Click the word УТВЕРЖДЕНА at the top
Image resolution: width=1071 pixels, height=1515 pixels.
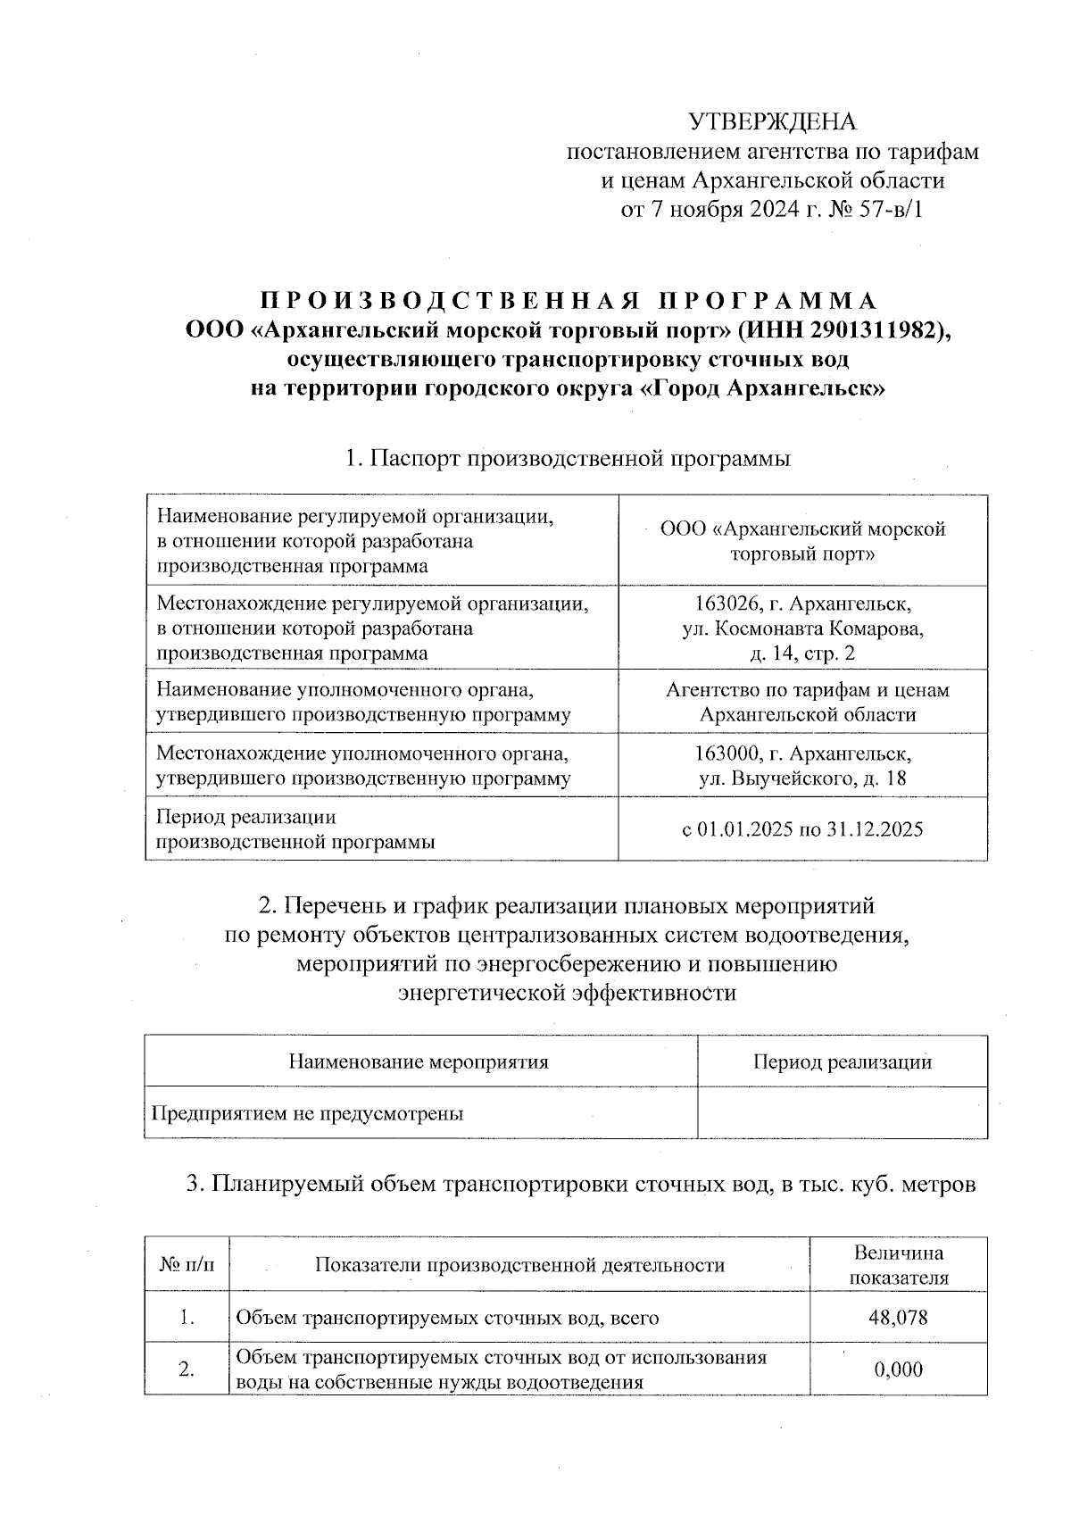[x=773, y=122]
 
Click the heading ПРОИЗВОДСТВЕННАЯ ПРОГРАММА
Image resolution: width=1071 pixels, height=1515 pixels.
[x=568, y=300]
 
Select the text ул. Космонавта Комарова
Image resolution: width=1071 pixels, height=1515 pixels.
[x=802, y=628]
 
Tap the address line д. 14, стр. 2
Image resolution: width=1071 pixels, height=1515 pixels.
[x=802, y=653]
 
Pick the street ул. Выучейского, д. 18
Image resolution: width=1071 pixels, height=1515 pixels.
[x=802, y=778]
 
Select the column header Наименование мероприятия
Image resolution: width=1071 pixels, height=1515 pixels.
[x=419, y=1062]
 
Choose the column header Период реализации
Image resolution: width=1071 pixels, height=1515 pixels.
[x=842, y=1062]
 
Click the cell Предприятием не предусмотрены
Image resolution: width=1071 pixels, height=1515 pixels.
[x=308, y=1114]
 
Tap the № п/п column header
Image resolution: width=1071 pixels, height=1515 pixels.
[x=187, y=1265]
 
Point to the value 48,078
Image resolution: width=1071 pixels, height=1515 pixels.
[x=898, y=1317]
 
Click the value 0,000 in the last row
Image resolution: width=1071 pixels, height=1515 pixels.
[x=898, y=1369]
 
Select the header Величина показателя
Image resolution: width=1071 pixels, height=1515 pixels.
[x=898, y=1265]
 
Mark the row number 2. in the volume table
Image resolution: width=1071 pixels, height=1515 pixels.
[x=187, y=1369]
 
